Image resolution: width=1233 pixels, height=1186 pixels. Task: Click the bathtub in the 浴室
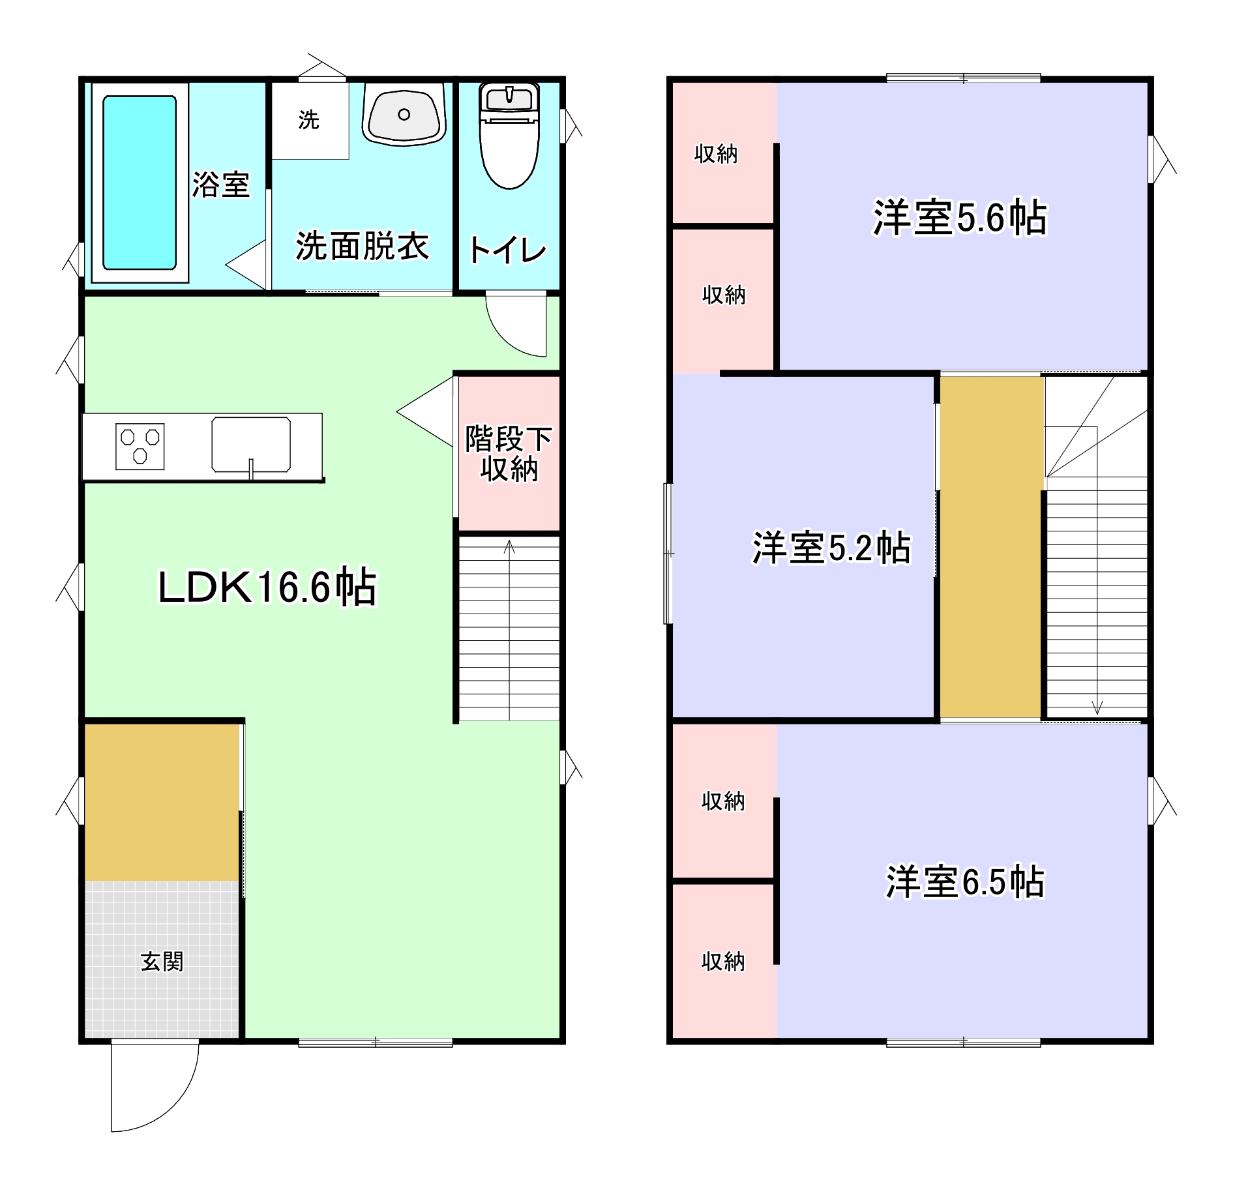tap(140, 183)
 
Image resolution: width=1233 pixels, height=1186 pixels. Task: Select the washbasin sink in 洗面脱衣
tap(404, 115)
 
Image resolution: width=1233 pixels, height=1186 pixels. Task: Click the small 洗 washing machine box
tap(309, 120)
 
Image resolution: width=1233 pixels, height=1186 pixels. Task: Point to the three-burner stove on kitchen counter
tap(140, 447)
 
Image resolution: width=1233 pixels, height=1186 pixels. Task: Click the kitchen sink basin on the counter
tap(251, 444)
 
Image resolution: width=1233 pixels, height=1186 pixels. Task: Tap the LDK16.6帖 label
tap(267, 587)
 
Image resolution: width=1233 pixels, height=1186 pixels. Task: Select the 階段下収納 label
tap(509, 454)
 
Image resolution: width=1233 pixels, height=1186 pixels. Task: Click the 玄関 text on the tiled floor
tap(162, 962)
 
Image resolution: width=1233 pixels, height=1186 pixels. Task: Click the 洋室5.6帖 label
tap(960, 218)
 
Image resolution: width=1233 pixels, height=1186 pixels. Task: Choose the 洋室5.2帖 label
tap(831, 548)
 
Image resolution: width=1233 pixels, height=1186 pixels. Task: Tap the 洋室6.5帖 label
tap(965, 882)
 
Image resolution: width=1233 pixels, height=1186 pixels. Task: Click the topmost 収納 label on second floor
tap(716, 154)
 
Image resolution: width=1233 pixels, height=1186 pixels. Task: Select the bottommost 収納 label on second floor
tap(723, 962)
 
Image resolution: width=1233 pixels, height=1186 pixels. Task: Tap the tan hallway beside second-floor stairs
tap(990, 548)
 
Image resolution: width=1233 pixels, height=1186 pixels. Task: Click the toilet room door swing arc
tap(515, 326)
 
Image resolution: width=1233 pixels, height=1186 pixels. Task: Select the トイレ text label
tap(507, 250)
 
